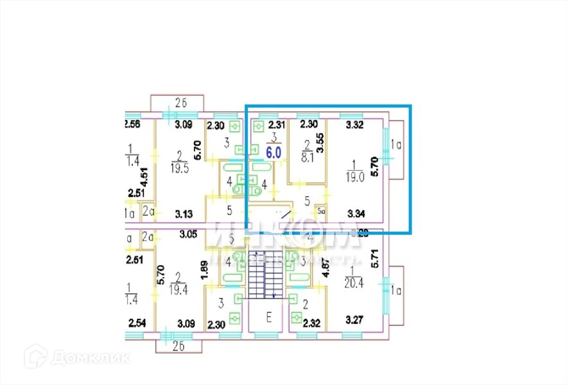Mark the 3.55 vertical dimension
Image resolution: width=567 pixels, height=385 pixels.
320,141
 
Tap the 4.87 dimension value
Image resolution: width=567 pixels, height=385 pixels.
325,267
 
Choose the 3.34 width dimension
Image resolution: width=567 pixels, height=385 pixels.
356,212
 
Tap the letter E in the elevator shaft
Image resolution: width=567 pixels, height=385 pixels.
269,316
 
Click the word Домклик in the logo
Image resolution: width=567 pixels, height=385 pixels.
91,357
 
